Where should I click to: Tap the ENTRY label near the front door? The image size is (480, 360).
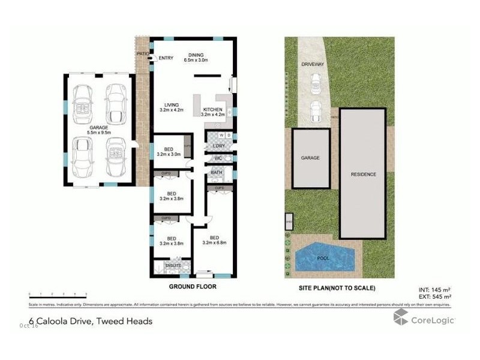(166, 58)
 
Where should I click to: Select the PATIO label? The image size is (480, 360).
(142, 53)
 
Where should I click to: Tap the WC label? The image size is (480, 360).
(218, 159)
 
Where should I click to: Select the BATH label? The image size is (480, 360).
(217, 173)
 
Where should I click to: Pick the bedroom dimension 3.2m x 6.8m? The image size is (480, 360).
(215, 243)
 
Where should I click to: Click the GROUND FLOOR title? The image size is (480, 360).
(192, 287)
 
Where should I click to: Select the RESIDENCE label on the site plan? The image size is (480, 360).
(364, 175)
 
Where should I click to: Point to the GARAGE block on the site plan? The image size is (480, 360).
(310, 158)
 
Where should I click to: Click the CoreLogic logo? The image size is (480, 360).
(424, 319)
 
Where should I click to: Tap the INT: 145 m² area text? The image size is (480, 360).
(435, 290)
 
